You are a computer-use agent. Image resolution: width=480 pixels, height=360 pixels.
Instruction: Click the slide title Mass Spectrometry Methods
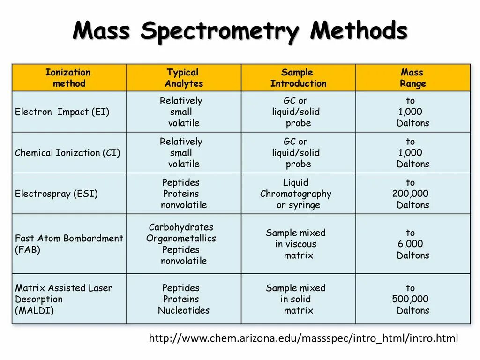240,32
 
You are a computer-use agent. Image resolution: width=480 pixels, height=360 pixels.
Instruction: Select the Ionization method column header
68,78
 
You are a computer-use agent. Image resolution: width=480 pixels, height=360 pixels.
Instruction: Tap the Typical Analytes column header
183,78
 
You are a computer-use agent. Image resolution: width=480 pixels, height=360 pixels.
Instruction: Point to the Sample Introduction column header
298,78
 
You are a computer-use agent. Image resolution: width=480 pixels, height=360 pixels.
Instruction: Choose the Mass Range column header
412,78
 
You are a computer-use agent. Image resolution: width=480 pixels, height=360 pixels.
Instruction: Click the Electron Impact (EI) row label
62,112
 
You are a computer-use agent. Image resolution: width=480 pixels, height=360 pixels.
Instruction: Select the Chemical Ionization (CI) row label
67,153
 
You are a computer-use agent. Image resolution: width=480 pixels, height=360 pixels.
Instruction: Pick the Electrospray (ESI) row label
56,194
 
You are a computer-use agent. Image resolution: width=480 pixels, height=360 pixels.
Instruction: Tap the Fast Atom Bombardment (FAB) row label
69,244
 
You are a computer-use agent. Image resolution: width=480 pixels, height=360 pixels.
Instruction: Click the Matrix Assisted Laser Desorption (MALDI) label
63,299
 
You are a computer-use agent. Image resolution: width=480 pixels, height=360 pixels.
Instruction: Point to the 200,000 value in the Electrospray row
410,194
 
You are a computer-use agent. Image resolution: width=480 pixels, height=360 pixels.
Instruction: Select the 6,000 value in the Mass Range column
410,244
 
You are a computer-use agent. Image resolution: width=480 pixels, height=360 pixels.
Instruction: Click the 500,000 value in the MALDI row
410,299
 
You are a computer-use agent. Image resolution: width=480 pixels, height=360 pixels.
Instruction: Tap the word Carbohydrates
181,227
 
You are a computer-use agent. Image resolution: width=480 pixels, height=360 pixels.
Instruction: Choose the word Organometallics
181,239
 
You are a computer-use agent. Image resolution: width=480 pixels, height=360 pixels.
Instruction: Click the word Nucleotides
184,310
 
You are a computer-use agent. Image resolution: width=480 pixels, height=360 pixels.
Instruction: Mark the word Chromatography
295,194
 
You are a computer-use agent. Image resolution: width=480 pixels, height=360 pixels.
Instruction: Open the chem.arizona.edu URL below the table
303,338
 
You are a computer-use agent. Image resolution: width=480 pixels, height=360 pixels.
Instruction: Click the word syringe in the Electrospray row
304,205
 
